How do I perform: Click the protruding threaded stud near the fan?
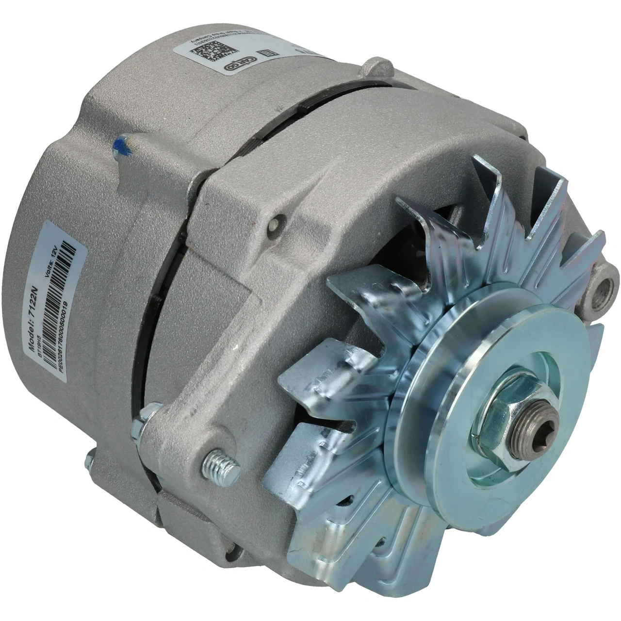point(221,466)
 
